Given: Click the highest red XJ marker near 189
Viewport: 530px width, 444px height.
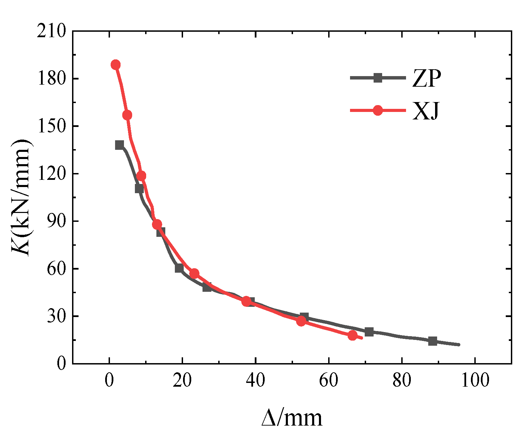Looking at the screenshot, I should [116, 65].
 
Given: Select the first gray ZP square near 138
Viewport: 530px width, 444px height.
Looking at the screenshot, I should [120, 145].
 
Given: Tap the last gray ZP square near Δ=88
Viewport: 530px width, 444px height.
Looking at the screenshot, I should [433, 341].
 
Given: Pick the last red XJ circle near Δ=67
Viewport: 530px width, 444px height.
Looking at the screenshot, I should [353, 335].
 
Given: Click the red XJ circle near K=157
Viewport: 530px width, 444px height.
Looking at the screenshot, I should [127, 115].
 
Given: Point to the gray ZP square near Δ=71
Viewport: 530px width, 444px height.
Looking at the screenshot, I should [369, 332].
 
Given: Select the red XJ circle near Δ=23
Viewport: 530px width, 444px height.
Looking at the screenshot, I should [194, 274].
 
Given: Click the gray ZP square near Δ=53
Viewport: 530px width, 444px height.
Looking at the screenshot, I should [304, 317].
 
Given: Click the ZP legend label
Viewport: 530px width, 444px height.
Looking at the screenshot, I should [427, 79].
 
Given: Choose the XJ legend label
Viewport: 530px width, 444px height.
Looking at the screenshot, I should [425, 111].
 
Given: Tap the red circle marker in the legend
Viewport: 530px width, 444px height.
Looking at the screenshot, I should [378, 111].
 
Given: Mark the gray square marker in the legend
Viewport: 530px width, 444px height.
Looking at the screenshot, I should [378, 78].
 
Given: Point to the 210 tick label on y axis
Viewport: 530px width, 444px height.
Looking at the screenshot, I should [52, 31].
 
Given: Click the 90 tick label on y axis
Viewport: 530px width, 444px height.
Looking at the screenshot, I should [56, 221].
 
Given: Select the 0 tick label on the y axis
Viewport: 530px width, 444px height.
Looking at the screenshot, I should [61, 364].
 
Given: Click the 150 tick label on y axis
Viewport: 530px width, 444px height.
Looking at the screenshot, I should [52, 126].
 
